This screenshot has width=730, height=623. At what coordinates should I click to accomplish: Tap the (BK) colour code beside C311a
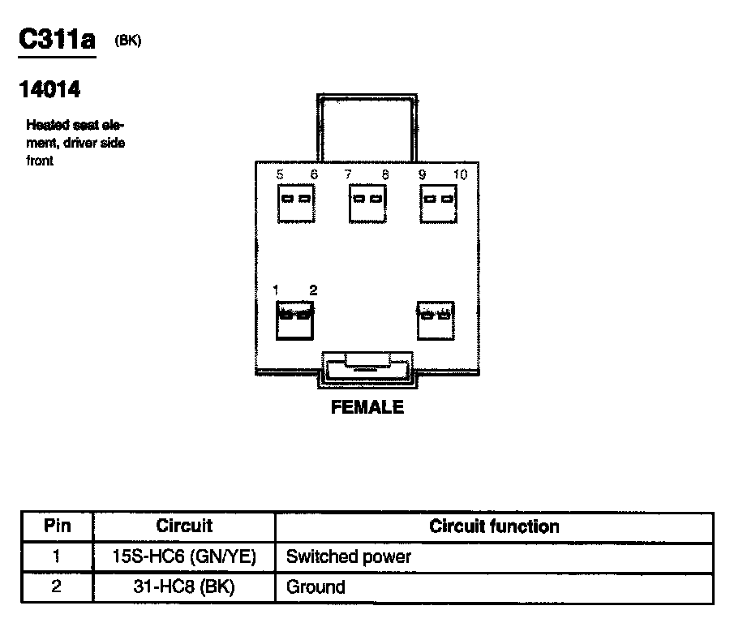(x=129, y=41)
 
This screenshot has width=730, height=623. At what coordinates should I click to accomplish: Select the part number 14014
(x=49, y=90)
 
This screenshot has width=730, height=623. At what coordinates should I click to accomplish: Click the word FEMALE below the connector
(x=367, y=407)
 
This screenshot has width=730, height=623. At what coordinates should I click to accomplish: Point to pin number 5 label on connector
(x=280, y=174)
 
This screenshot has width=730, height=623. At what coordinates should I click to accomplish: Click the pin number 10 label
(x=460, y=174)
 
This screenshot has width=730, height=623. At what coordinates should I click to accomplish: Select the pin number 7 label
(x=348, y=174)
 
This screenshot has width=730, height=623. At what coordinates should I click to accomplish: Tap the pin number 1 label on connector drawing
(x=277, y=290)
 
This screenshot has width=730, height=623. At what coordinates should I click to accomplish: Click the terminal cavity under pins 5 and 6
(x=295, y=200)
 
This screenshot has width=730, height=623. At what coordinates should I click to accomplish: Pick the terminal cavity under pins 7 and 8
(x=366, y=200)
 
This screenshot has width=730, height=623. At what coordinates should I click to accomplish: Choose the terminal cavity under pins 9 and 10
(x=437, y=200)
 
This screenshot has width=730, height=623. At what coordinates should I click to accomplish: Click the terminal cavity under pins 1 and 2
(x=295, y=320)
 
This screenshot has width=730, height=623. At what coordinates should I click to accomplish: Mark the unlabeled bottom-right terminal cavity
(x=435, y=320)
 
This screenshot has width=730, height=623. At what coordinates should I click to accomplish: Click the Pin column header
(x=57, y=526)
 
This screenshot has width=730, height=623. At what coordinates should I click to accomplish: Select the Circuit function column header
(x=494, y=526)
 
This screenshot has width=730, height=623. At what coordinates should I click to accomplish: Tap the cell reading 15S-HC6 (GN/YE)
(x=184, y=556)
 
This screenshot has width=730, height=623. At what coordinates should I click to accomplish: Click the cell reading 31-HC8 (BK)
(x=184, y=586)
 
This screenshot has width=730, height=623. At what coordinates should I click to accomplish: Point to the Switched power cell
(x=349, y=556)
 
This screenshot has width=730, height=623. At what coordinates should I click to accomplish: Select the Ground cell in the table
(x=316, y=586)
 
